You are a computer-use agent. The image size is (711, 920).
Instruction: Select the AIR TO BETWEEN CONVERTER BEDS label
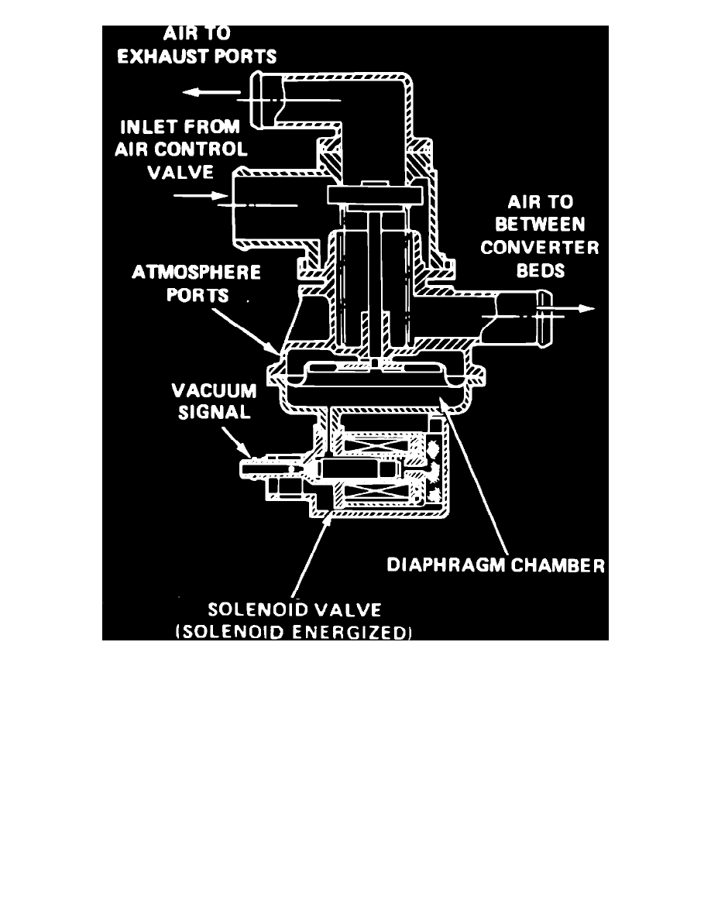(x=539, y=237)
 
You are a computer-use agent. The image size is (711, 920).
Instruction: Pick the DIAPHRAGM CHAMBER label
(x=495, y=565)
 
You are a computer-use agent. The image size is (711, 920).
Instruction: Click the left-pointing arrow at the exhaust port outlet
(x=209, y=92)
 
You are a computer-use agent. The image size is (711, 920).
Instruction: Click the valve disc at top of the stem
(x=373, y=194)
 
